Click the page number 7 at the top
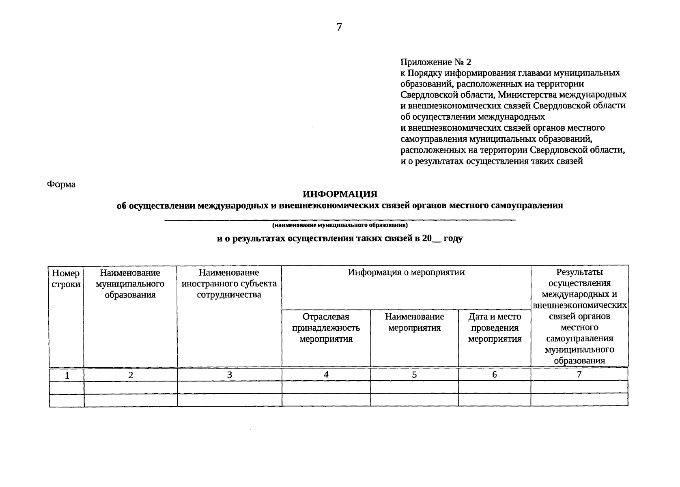[339, 27]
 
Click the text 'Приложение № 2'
[436, 62]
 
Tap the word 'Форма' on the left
[61, 184]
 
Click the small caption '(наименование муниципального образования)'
[340, 225]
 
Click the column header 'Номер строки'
[66, 279]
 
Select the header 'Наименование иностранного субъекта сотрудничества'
[229, 283]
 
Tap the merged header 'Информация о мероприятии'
[406, 272]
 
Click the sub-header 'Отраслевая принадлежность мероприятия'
[326, 328]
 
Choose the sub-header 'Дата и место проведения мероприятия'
[495, 328]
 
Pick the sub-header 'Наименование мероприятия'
[414, 322]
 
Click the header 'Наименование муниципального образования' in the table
[130, 283]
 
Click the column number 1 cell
[67, 376]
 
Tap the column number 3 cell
[230, 375]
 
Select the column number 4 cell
[326, 375]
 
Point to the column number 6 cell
[495, 375]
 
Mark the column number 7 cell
[579, 375]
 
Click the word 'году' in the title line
[453, 239]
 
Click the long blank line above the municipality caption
[340, 220]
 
